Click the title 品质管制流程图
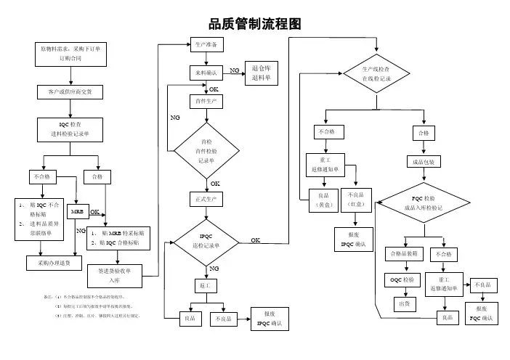click(x=254, y=25)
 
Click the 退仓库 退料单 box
click(x=261, y=73)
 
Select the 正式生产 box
click(x=206, y=198)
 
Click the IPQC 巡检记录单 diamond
click(x=206, y=241)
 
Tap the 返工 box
click(x=205, y=286)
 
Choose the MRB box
click(x=77, y=211)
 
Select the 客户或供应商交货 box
click(x=70, y=91)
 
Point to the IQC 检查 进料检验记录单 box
click(x=70, y=129)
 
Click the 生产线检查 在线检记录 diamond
click(x=376, y=73)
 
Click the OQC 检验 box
click(x=402, y=279)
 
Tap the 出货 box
click(x=402, y=303)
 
